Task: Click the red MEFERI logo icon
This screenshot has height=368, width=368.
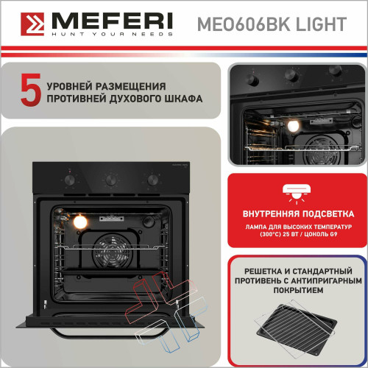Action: tap(30, 23)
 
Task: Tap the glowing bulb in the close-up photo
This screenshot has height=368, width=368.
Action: tap(293, 127)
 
